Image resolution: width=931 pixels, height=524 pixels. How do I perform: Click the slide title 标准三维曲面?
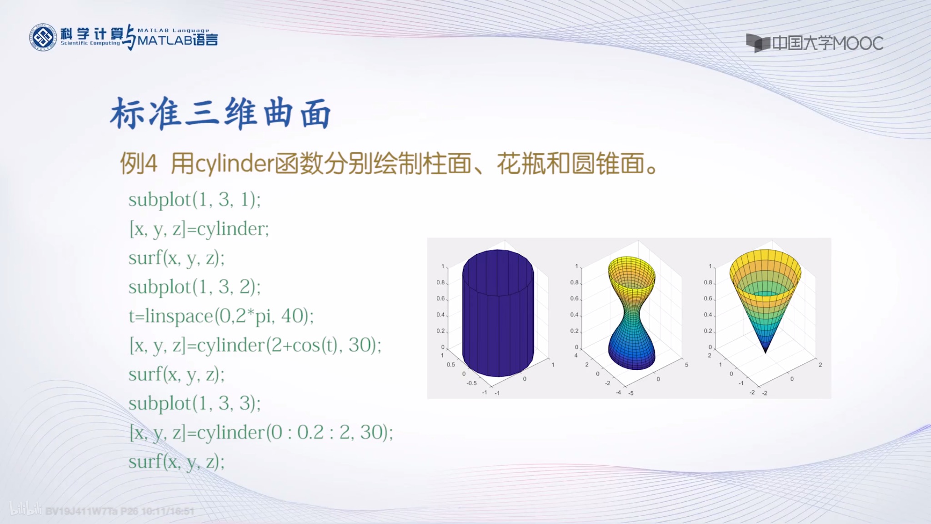[220, 113]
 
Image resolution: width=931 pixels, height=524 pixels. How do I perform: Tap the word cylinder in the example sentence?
[235, 164]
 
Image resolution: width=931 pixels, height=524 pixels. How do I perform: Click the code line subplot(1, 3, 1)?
[195, 200]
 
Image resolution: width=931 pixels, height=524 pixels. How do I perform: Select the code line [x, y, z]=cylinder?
[199, 229]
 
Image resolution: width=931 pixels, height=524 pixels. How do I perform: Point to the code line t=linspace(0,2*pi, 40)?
[221, 316]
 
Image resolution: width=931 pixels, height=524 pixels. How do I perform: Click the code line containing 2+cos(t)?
[255, 345]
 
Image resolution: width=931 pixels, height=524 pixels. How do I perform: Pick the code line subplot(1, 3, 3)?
[195, 403]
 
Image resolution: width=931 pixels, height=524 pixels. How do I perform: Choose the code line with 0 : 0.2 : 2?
[261, 433]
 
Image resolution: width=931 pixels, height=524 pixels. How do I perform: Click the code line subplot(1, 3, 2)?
[195, 287]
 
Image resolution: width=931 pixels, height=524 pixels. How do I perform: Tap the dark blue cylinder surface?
[498, 314]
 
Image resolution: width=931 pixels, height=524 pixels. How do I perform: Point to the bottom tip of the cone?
[766, 352]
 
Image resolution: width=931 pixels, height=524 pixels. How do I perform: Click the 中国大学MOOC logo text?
[827, 43]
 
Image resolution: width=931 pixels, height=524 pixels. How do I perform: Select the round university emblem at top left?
[43, 37]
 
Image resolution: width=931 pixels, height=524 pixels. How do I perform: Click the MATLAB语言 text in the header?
[178, 40]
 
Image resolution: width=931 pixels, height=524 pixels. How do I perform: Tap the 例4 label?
[138, 164]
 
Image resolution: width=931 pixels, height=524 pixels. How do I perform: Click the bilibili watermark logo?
[26, 509]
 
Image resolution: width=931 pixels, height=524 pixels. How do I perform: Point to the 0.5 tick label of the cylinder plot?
[450, 365]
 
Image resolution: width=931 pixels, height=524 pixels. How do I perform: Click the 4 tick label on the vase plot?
[576, 356]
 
